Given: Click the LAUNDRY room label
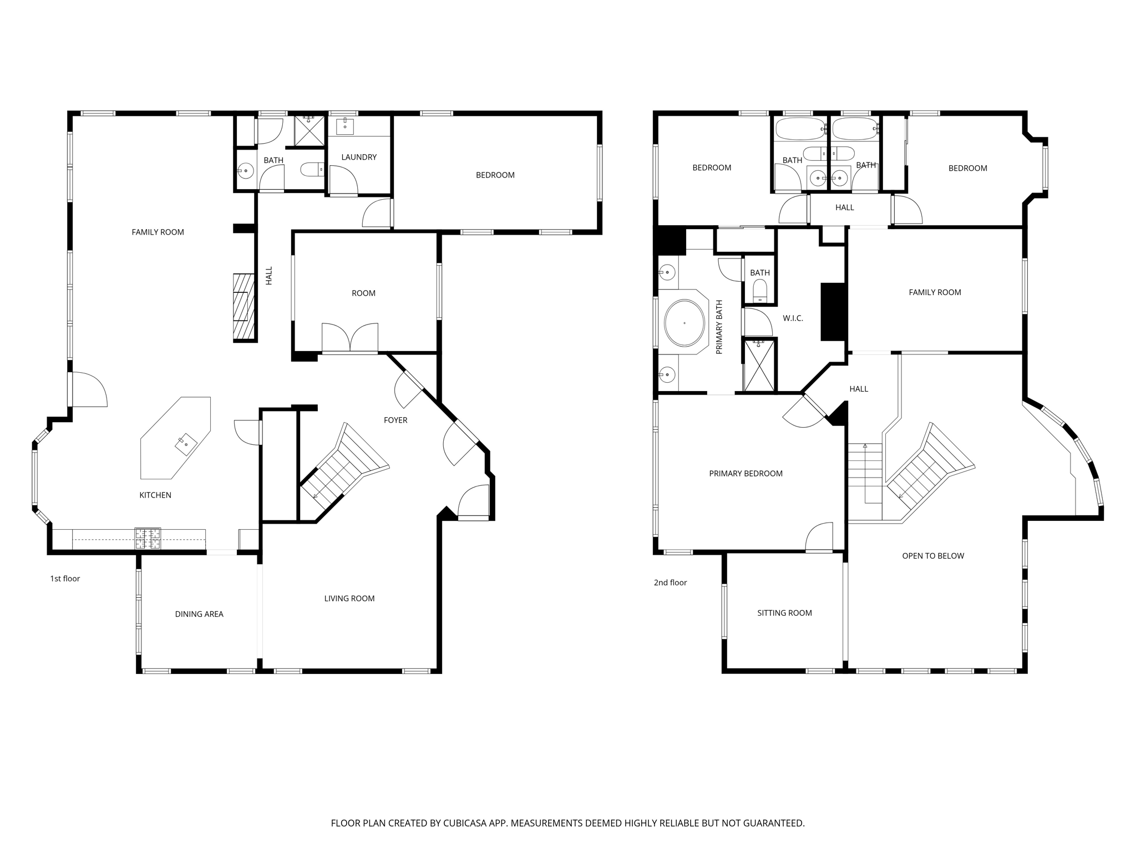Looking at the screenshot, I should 359,157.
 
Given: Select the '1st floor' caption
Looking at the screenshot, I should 65,579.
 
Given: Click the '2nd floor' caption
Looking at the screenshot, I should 670,582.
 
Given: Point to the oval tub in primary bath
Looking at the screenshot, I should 684,323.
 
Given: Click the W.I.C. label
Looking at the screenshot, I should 793,318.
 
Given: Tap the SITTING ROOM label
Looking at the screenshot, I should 784,613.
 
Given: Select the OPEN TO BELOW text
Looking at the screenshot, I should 933,556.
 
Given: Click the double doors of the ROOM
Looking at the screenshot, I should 350,338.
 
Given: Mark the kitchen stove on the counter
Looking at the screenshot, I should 148,538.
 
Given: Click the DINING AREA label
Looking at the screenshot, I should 199,614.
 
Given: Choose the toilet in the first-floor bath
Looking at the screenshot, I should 312,169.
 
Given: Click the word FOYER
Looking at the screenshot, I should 395,420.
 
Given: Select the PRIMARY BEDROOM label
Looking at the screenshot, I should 745,474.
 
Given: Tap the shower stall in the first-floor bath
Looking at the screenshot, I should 309,131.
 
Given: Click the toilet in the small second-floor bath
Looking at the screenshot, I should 759,290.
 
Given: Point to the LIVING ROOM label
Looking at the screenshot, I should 349,599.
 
